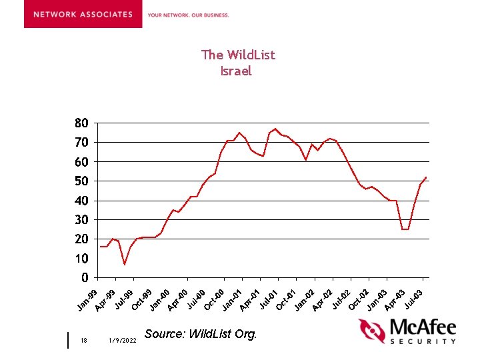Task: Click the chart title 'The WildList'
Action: coord(238,55)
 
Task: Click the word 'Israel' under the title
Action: coord(236,71)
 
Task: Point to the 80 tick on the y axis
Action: coord(81,123)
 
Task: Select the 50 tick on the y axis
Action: coord(81,181)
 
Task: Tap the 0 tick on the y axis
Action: coord(84,277)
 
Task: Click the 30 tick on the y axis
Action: coord(81,220)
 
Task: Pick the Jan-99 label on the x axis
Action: coord(87,299)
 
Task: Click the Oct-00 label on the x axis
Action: coord(214,299)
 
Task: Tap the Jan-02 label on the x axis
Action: coord(304,299)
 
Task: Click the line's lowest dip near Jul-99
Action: coord(124,265)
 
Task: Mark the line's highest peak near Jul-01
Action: coord(275,129)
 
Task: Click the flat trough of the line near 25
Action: coord(405,229)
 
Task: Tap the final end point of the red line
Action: coord(426,177)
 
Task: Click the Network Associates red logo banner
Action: coord(83,14)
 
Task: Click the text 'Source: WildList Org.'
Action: coord(200,333)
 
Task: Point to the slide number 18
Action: coord(83,340)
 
